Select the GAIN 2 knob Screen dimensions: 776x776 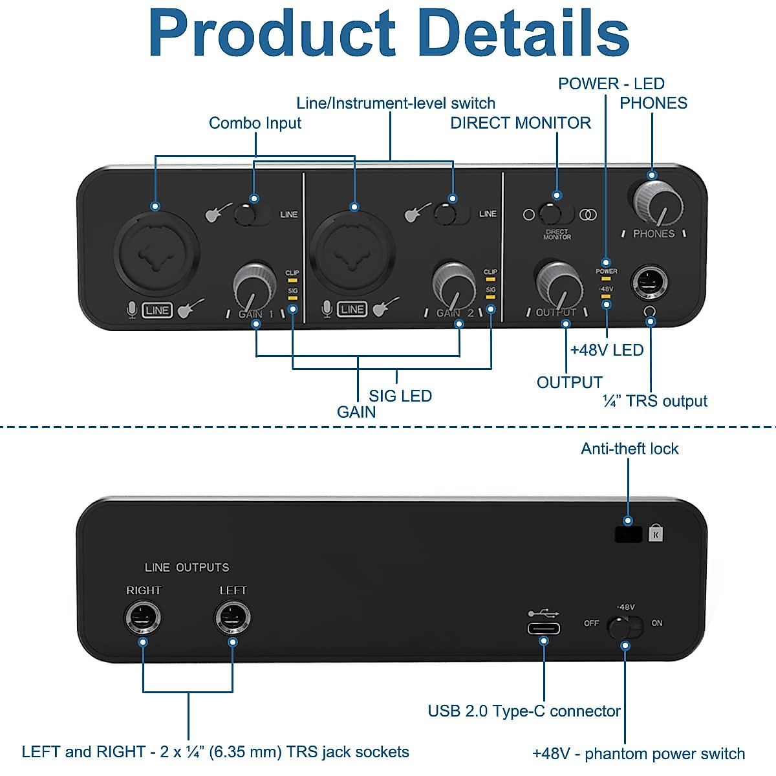[453, 283]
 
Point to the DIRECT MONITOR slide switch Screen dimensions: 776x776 [556, 214]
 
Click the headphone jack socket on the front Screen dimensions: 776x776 [649, 283]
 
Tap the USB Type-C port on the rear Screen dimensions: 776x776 [544, 629]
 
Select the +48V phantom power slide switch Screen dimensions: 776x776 [625, 627]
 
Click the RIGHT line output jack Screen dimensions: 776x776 [142, 618]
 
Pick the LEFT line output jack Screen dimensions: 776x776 [232, 618]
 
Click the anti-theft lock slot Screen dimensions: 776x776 [628, 534]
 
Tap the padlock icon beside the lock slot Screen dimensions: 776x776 [656, 533]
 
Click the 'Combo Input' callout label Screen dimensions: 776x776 [255, 123]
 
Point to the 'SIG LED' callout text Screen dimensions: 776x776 [400, 396]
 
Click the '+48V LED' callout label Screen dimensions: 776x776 [607, 350]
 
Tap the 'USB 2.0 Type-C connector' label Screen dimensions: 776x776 [524, 711]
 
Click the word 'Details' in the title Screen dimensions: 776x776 [524, 34]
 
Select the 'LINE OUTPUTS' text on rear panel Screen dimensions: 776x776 [187, 567]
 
